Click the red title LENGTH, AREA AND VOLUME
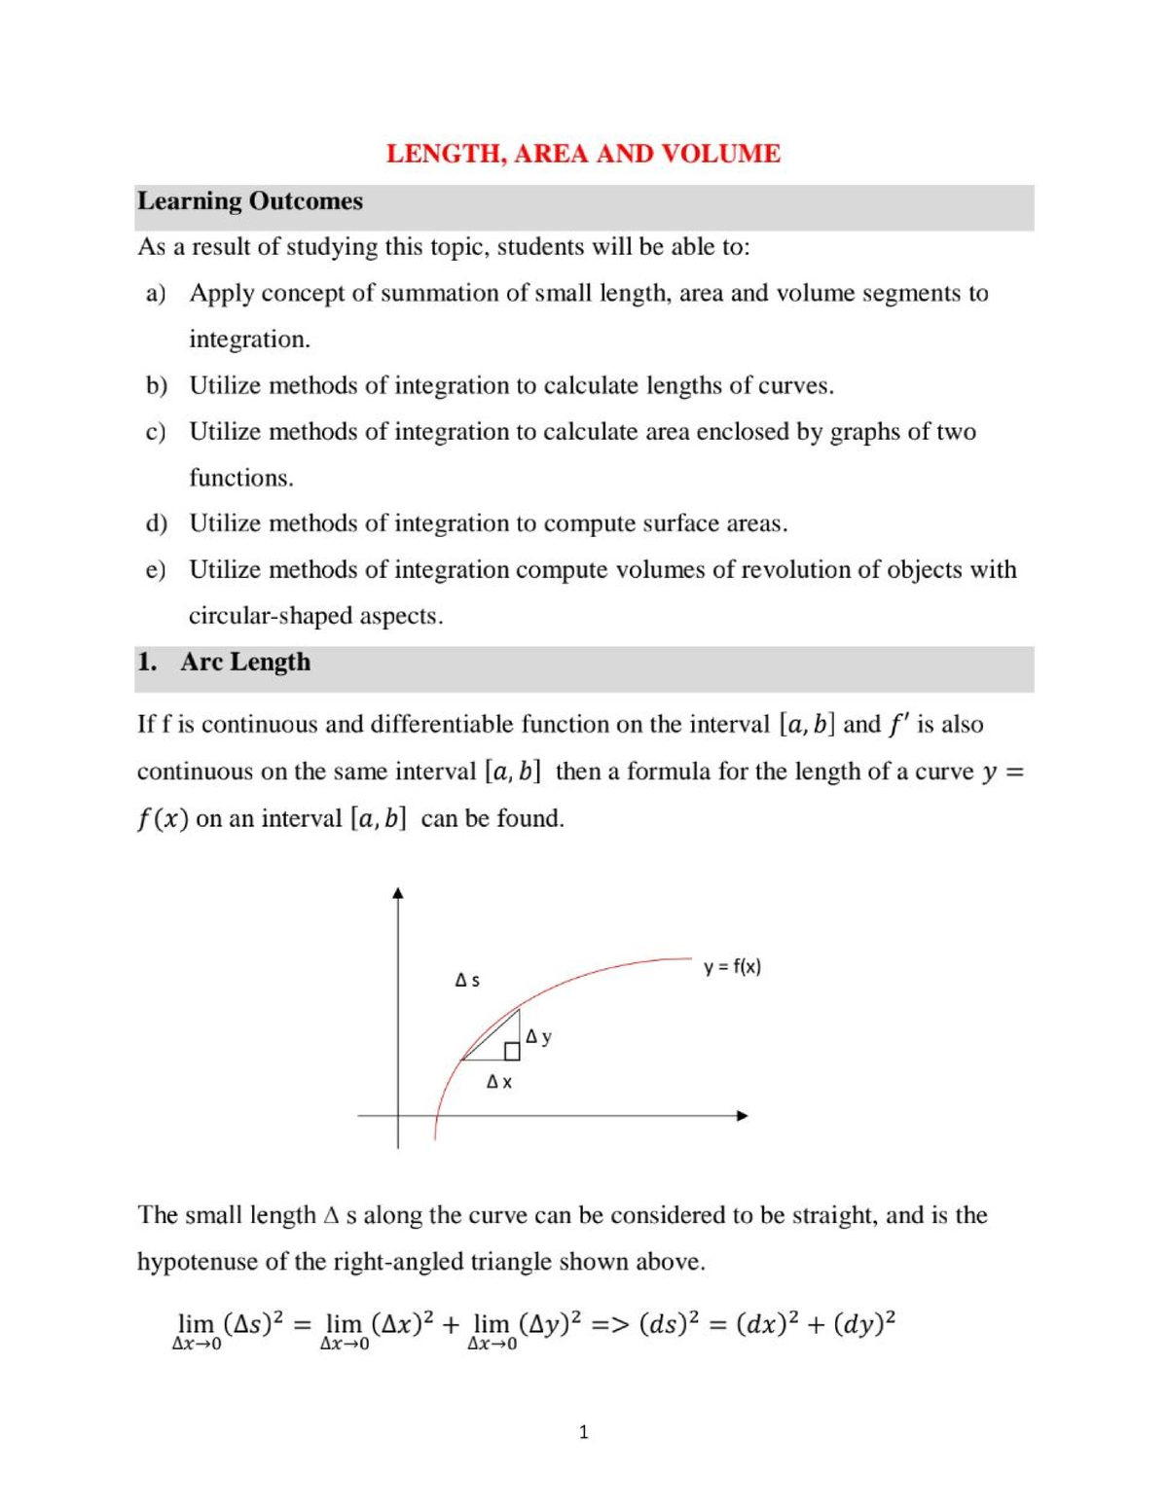click(583, 154)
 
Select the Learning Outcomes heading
click(250, 201)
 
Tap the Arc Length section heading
click(244, 663)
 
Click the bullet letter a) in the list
click(156, 293)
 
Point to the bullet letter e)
click(156, 569)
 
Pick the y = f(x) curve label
click(732, 967)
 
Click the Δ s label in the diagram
click(467, 981)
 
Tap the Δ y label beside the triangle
click(538, 1037)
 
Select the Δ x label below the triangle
click(498, 1082)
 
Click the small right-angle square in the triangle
click(512, 1052)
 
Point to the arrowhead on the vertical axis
click(397, 893)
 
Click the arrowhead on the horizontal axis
click(742, 1116)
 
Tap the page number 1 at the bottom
click(583, 1432)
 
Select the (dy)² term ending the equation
click(864, 1325)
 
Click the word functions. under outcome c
click(240, 478)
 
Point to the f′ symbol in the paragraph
click(897, 725)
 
